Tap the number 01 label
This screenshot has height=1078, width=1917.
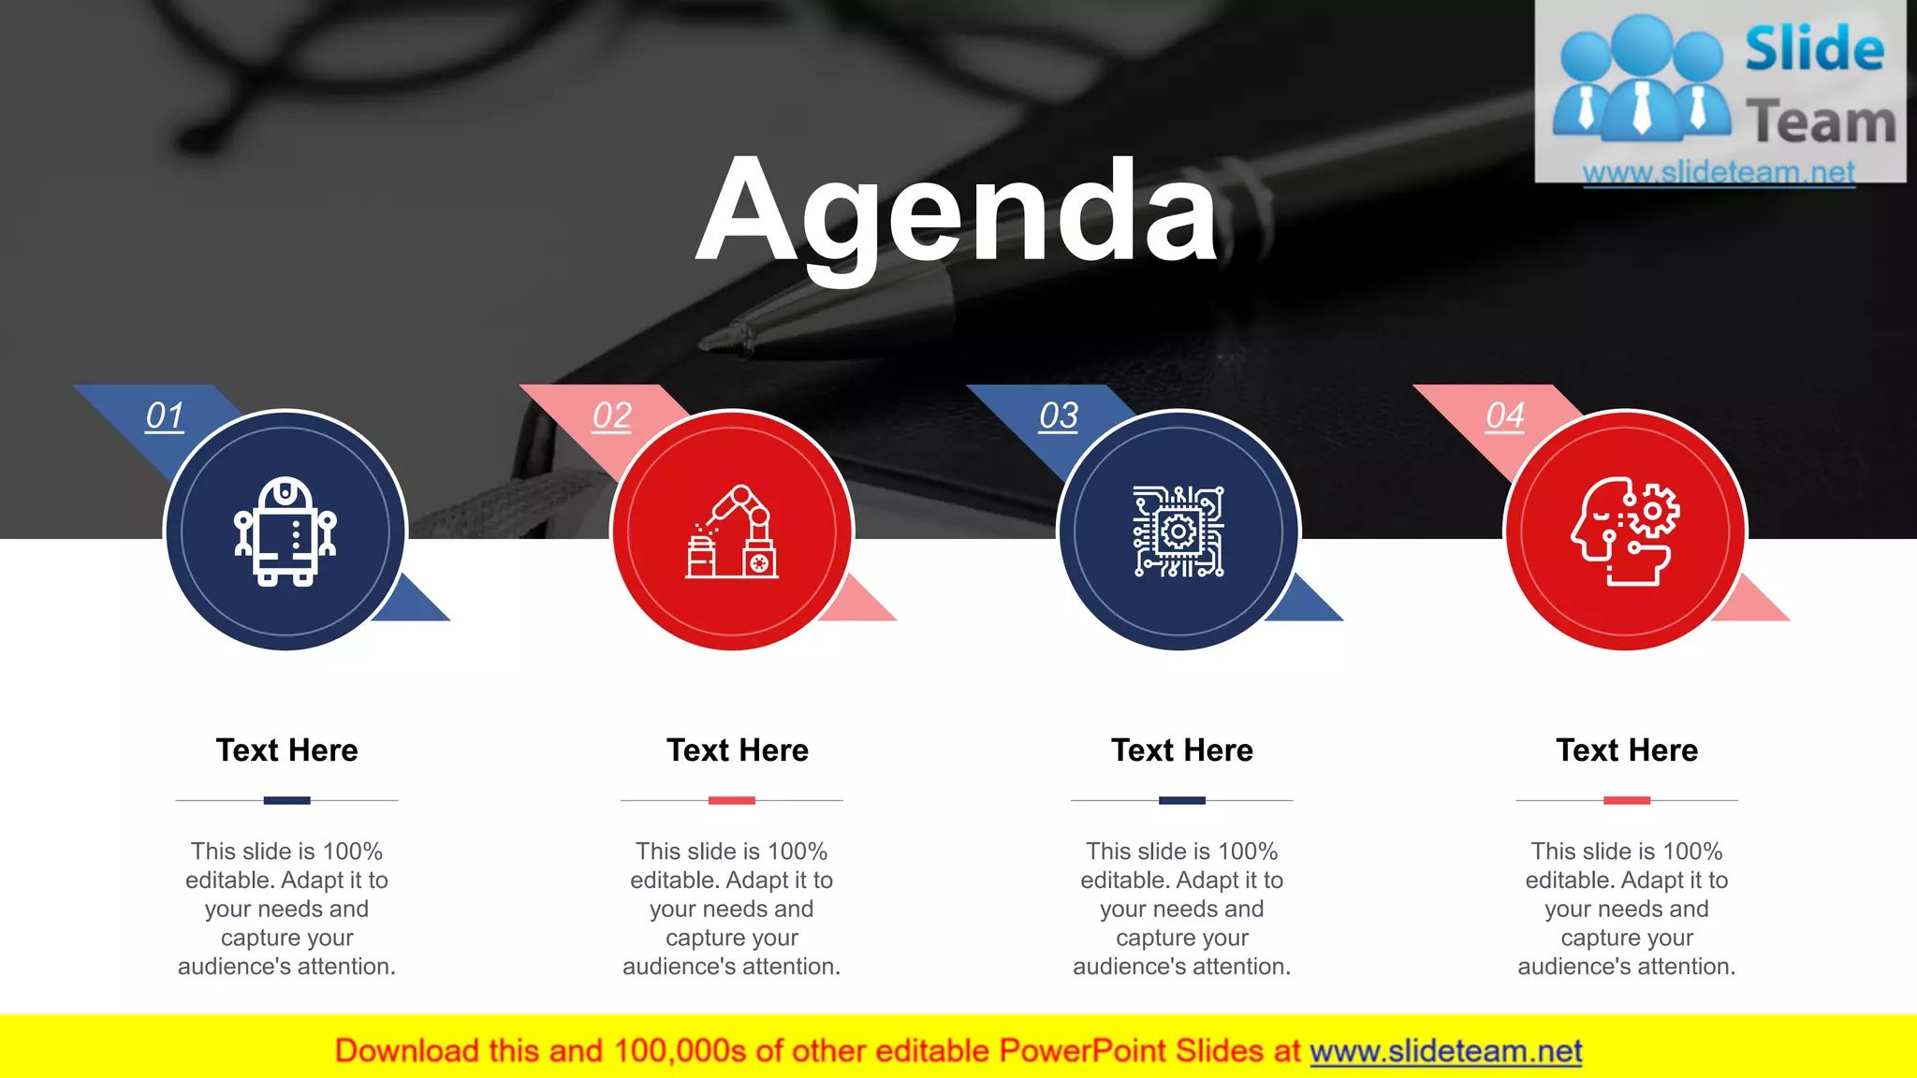[165, 415]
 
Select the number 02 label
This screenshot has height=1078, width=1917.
[612, 415]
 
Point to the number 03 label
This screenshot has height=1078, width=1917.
[1059, 415]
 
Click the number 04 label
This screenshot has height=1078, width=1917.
[1505, 415]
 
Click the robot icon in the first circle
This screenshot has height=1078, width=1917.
[285, 531]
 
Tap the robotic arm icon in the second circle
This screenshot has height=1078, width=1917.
[732, 532]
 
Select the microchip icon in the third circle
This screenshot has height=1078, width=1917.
[1178, 532]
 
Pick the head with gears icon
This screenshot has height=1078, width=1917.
[1625, 532]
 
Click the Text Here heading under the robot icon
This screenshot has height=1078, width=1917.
[286, 750]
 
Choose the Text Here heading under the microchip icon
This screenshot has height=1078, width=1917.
[1181, 750]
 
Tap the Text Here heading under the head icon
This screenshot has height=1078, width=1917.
[1627, 750]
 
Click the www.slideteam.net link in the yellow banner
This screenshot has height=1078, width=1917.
[1445, 1052]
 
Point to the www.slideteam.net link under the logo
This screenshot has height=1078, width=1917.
[1719, 172]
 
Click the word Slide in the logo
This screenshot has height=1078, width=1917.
[1814, 50]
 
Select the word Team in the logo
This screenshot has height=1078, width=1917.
[1821, 123]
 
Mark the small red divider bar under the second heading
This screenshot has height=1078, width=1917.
[732, 800]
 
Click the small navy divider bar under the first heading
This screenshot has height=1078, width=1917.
[286, 800]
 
